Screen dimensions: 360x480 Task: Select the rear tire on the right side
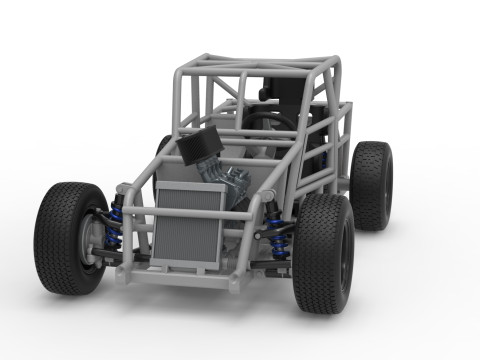(373, 184)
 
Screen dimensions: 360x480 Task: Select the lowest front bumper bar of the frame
(180, 275)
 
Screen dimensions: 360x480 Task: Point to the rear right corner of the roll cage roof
(335, 62)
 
